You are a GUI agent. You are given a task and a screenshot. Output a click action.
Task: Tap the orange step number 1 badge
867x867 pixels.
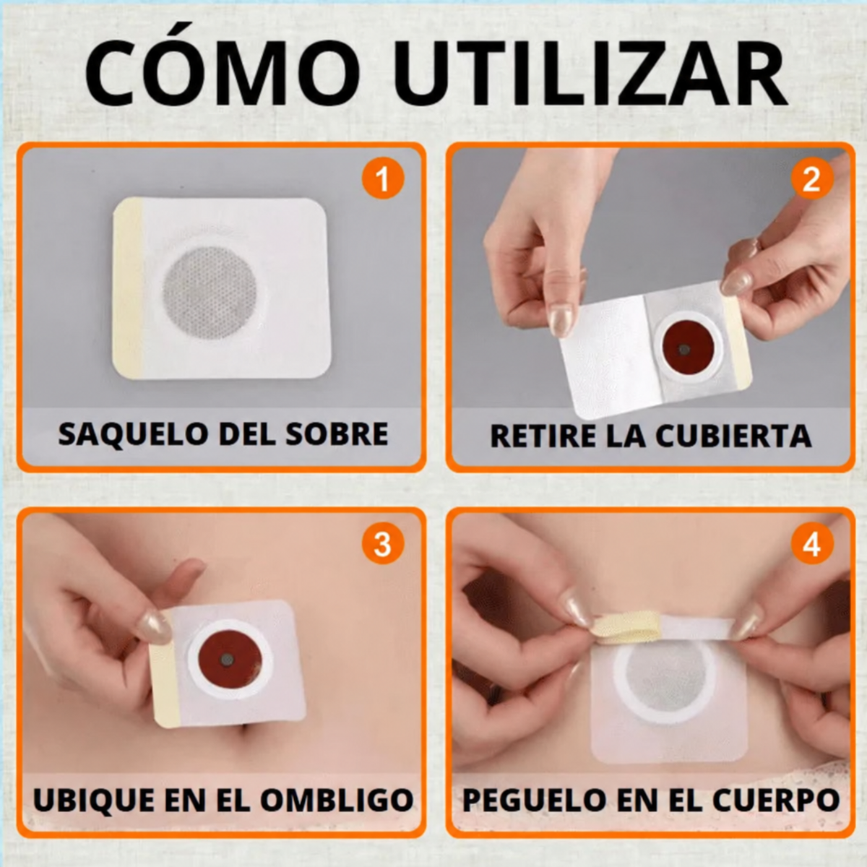(383, 178)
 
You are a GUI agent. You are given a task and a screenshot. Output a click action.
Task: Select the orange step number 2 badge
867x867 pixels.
(811, 178)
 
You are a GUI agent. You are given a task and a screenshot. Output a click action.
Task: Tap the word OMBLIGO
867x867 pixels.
(337, 800)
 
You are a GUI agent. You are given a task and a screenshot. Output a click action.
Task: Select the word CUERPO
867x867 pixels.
(782, 800)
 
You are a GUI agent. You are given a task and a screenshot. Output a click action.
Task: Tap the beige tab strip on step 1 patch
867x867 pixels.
(128, 288)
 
